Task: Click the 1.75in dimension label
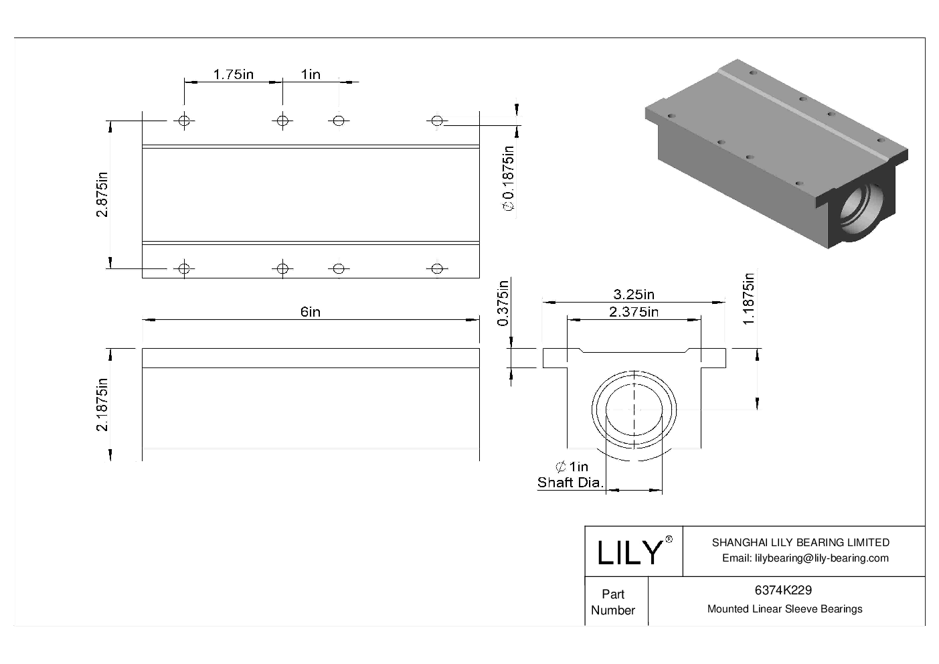233,74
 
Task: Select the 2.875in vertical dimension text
102,195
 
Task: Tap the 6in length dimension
310,312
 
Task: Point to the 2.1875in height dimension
102,405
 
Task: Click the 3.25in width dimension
634,294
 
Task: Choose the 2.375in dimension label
633,311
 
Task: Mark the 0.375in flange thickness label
503,303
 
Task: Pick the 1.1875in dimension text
749,299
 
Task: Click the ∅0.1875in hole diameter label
509,179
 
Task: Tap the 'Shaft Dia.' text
570,482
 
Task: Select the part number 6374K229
783,590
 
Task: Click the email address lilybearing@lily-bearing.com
805,558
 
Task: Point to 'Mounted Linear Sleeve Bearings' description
784,609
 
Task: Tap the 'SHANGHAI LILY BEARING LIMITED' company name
800,542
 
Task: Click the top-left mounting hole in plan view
184,120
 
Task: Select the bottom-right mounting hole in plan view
436,268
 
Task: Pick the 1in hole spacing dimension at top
311,74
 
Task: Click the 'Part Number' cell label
613,602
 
